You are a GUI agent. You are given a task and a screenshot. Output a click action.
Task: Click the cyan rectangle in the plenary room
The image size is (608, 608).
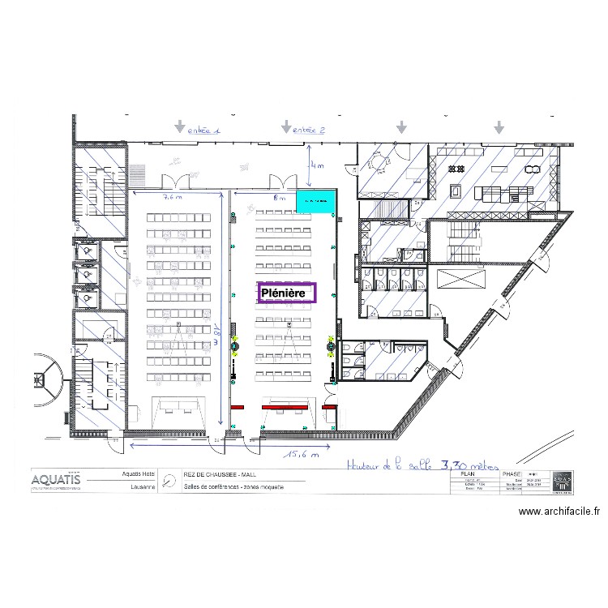(316, 202)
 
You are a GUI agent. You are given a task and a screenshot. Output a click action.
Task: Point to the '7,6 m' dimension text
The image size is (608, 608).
(173, 197)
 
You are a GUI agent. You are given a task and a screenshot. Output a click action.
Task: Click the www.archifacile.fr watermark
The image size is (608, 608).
(559, 512)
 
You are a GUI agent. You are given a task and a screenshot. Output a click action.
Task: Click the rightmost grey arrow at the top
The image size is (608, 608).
(499, 127)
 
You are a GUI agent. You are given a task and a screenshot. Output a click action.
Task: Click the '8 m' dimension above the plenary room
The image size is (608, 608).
(280, 197)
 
